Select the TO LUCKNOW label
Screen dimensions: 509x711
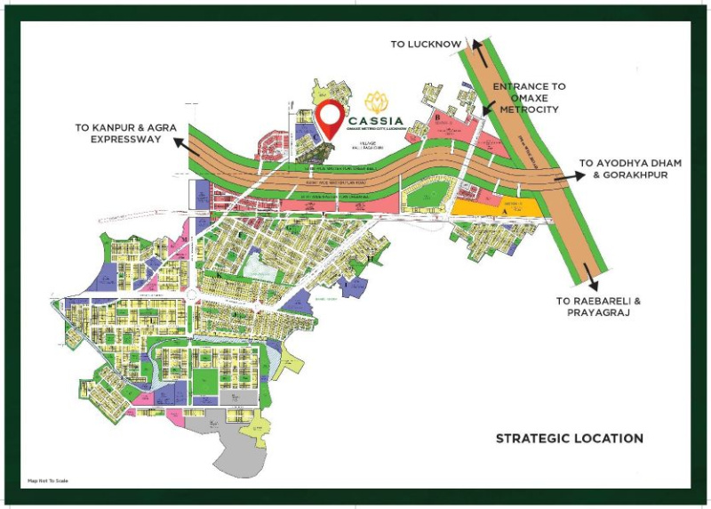click(425, 44)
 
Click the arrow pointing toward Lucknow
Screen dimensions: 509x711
click(480, 51)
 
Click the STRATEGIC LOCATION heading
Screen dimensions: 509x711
click(569, 438)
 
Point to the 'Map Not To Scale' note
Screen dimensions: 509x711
click(48, 481)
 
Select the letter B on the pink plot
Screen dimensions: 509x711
click(437, 117)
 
